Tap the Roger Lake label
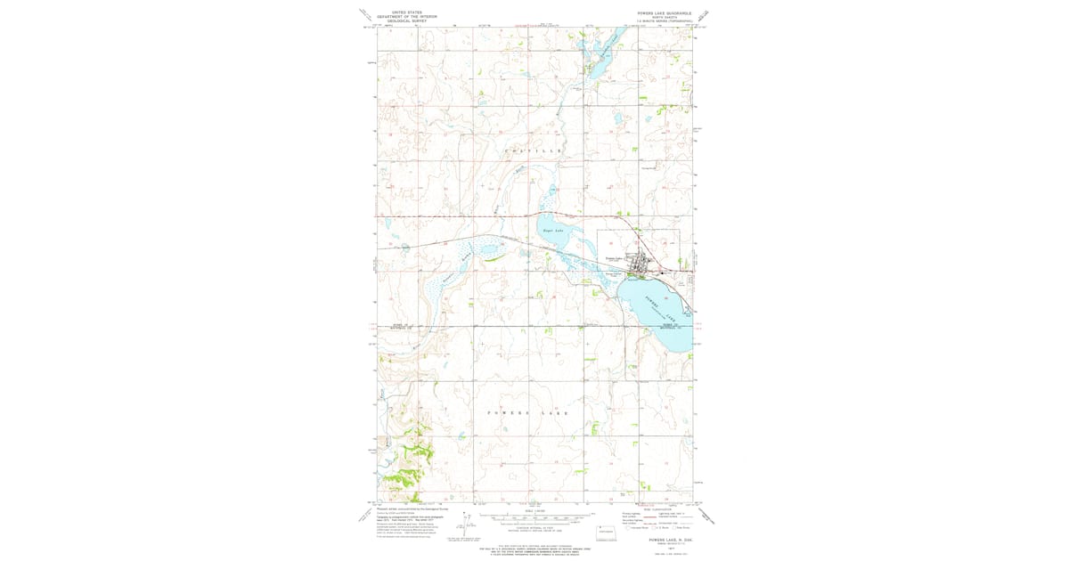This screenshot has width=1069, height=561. [553, 231]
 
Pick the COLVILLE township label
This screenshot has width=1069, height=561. [534, 152]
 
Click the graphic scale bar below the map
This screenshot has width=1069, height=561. [534, 516]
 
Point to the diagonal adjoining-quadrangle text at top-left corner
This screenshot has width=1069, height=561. [365, 15]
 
